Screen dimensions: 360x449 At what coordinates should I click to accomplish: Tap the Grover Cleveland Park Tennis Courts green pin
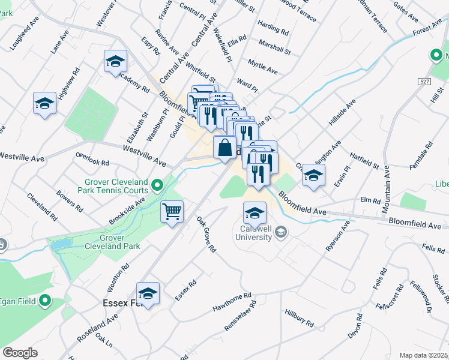coord(157,185)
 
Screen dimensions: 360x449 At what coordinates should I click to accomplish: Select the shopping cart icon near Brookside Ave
coord(172,212)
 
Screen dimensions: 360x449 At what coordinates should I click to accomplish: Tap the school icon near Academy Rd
coord(115,61)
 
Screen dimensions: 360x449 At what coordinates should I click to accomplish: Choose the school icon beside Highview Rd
coord(44,104)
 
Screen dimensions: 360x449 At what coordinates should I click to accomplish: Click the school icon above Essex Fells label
coord(148,293)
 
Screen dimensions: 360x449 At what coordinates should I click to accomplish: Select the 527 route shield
coord(426,80)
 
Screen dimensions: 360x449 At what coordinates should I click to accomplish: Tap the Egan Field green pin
coord(46,301)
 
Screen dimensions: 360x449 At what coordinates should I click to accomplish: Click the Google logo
coord(20,352)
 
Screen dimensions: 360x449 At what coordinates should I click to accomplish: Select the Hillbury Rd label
coord(300,319)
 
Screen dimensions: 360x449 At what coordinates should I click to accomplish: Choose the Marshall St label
coord(274,47)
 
